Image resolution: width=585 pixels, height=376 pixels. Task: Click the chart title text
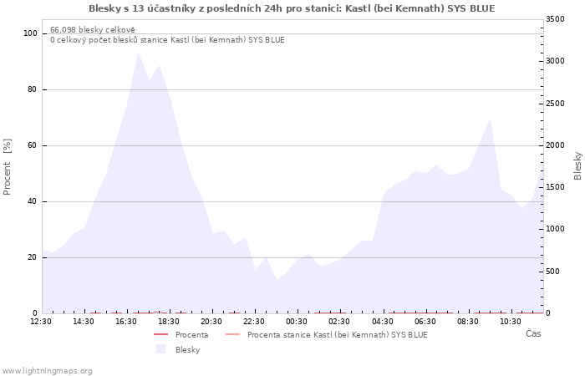coord(292,8)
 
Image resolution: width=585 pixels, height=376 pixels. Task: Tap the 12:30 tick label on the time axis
coord(41,322)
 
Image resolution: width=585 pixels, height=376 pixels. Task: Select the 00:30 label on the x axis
coord(297,322)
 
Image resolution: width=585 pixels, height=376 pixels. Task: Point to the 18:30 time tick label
coord(169,322)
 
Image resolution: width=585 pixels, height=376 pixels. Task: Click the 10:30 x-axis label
coord(511,322)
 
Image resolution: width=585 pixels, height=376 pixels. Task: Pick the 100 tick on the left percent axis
coord(30,33)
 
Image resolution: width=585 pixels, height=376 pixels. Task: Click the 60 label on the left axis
coord(32,145)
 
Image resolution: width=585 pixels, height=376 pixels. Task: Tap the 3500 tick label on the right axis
coord(555,19)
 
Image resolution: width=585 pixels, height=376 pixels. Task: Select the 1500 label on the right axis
coord(555,187)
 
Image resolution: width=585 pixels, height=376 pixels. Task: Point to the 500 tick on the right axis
coord(553,272)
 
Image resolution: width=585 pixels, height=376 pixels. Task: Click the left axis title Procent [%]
coord(7,167)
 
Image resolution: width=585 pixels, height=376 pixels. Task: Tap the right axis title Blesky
coord(577,166)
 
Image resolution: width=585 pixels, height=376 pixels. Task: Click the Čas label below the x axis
coord(533,333)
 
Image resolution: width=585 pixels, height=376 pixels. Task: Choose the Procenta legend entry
coord(191,334)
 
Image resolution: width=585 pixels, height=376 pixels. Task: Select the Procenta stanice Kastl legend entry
coord(338,334)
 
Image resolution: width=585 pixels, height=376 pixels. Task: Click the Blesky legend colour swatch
coord(160,349)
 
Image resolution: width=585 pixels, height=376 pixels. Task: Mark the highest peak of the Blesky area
coord(139,52)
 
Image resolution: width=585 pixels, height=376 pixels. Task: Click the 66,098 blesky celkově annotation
coord(93,30)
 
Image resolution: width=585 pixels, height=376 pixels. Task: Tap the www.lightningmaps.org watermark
coord(47,371)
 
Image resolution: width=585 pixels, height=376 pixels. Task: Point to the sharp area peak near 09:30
coord(490,119)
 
